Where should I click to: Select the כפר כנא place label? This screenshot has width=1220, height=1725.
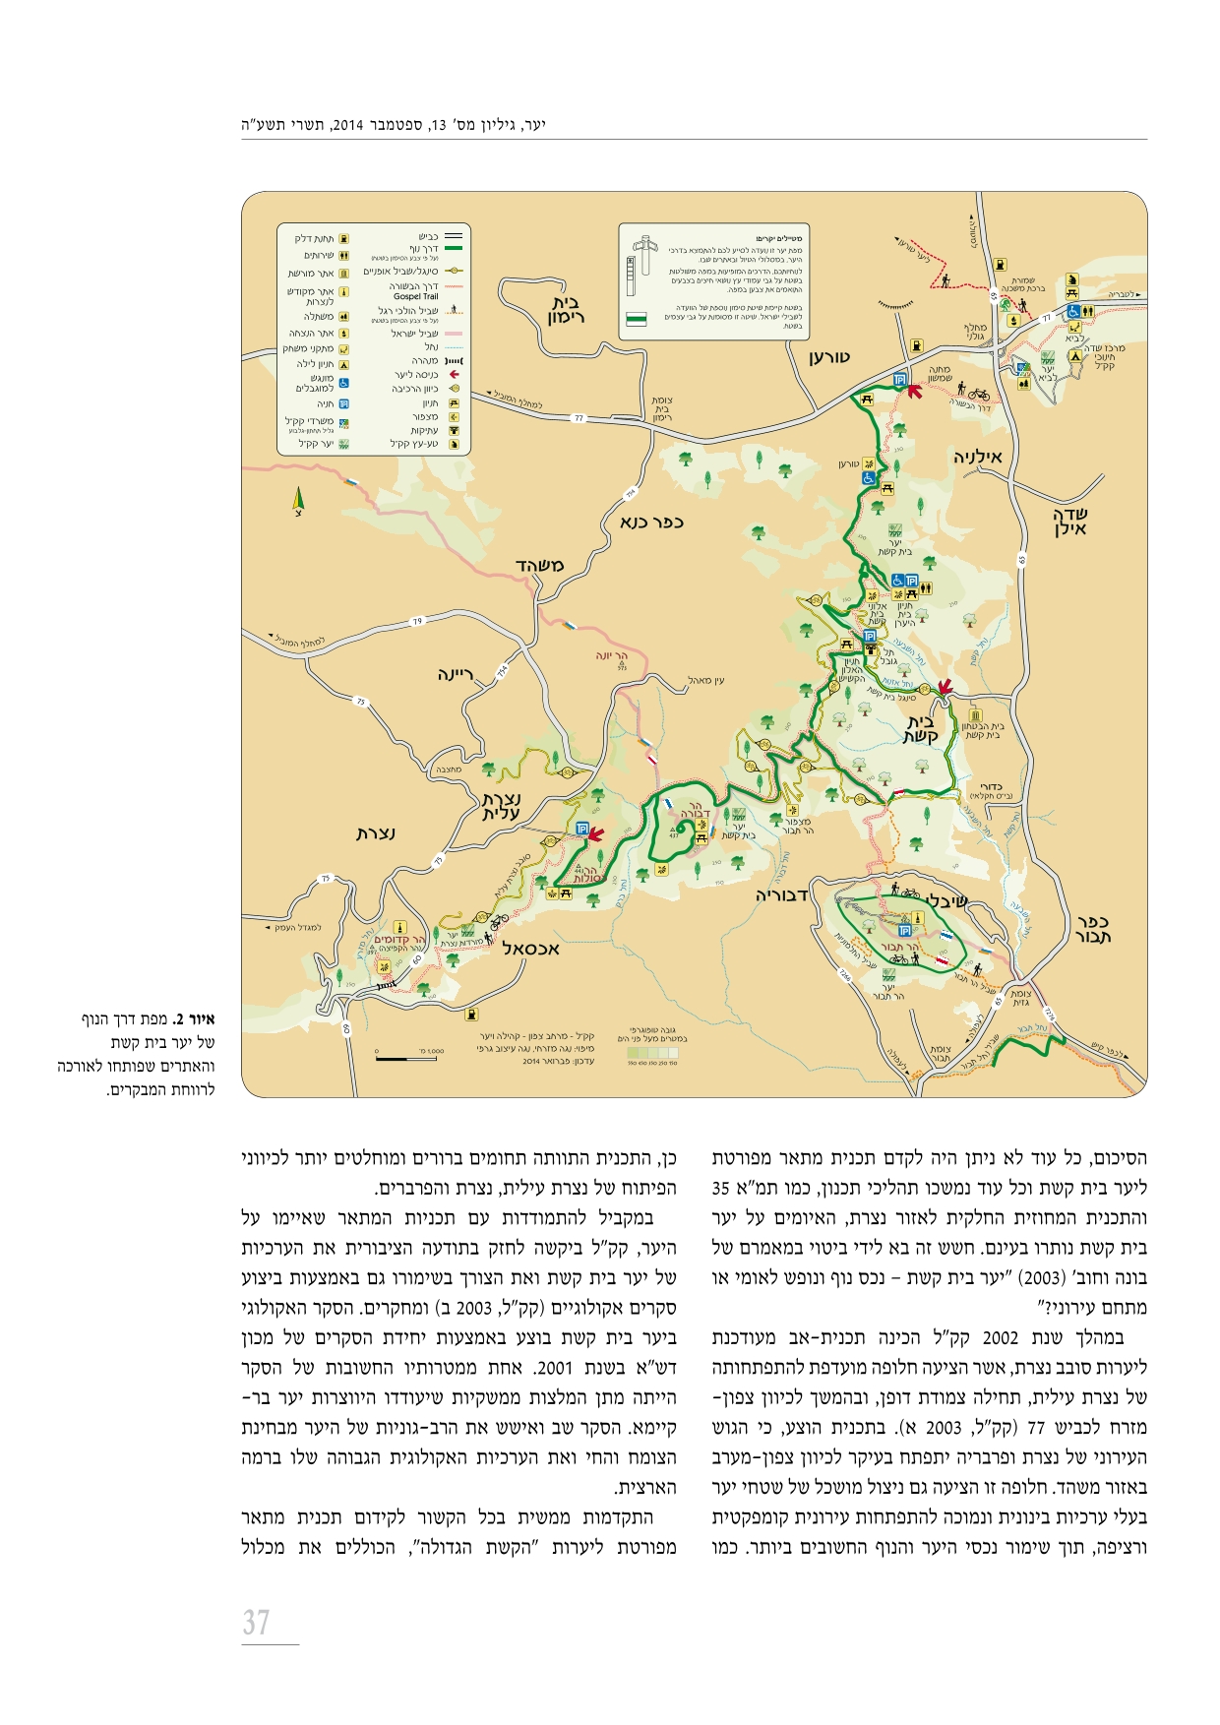coord(651,522)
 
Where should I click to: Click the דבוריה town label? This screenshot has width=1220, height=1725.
coord(782,895)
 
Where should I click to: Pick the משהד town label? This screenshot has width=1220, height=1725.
coord(539,565)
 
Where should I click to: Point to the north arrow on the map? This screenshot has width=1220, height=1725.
coord(298,501)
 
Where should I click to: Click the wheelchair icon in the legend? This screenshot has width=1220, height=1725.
coord(343,383)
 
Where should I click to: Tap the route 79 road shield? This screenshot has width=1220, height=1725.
coord(416,621)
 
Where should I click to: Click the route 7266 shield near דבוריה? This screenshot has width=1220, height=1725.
coord(844,975)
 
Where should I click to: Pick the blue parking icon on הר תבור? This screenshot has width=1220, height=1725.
coord(904,930)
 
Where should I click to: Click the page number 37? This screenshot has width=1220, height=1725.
coord(257,1622)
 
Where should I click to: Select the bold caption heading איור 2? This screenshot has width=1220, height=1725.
coord(200,1019)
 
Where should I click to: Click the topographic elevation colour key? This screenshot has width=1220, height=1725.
coord(652,1053)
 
